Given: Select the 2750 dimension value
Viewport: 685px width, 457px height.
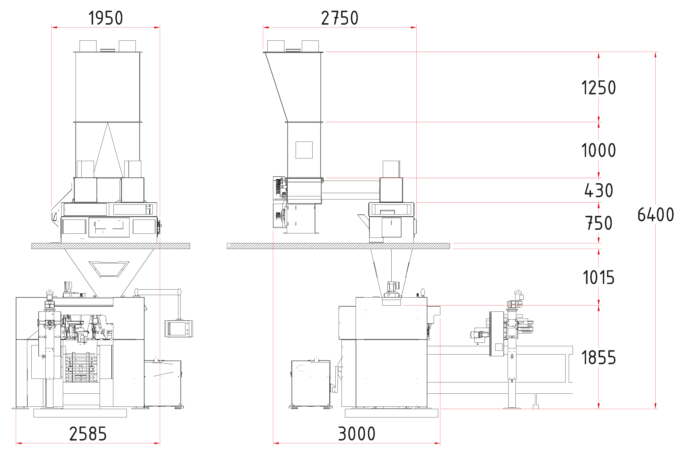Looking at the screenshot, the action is (340, 18).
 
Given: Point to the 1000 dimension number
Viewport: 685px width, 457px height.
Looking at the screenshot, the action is (599, 150).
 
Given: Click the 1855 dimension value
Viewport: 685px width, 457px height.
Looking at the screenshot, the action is (599, 358).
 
